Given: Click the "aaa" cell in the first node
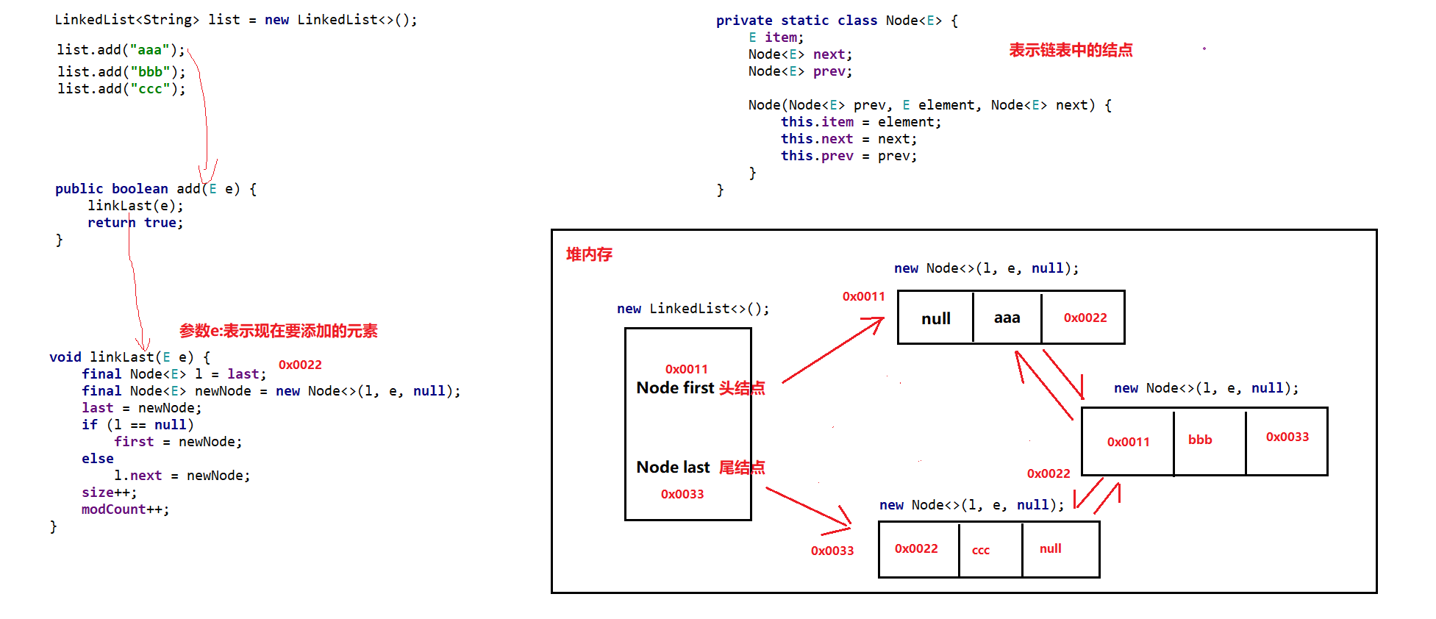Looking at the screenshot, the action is pyautogui.click(x=1007, y=318).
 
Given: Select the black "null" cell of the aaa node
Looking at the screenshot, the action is pyautogui.click(x=935, y=318).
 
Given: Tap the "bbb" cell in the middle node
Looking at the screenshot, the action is pyautogui.click(x=1210, y=441).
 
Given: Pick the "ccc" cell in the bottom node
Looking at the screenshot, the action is pyautogui.click(x=990, y=549).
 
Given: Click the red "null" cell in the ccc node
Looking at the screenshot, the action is pyautogui.click(x=1060, y=549).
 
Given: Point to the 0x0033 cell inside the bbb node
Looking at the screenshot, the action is pyautogui.click(x=1287, y=441).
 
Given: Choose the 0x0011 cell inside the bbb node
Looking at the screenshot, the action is pyautogui.click(x=1128, y=441).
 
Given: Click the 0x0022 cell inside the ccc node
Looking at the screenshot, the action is pyautogui.click(x=918, y=549).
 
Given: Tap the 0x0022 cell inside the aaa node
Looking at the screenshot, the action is pyautogui.click(x=1084, y=318).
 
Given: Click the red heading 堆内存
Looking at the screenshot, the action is pyautogui.click(x=589, y=254).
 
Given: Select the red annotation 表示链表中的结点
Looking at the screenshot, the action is pyautogui.click(x=1071, y=50).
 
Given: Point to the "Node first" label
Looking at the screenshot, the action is pyautogui.click(x=675, y=387).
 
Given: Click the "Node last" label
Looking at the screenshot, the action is pyautogui.click(x=673, y=467).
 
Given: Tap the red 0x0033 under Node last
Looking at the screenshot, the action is pyautogui.click(x=682, y=494).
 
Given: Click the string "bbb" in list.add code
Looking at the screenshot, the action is pyautogui.click(x=150, y=71).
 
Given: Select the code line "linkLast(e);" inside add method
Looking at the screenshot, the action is pyautogui.click(x=135, y=206).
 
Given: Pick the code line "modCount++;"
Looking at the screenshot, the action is pyautogui.click(x=125, y=509).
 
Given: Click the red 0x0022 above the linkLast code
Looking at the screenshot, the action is pyautogui.click(x=300, y=365).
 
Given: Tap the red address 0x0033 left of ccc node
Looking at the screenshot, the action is pyautogui.click(x=832, y=551).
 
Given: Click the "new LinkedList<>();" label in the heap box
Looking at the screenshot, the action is pyautogui.click(x=693, y=309).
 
